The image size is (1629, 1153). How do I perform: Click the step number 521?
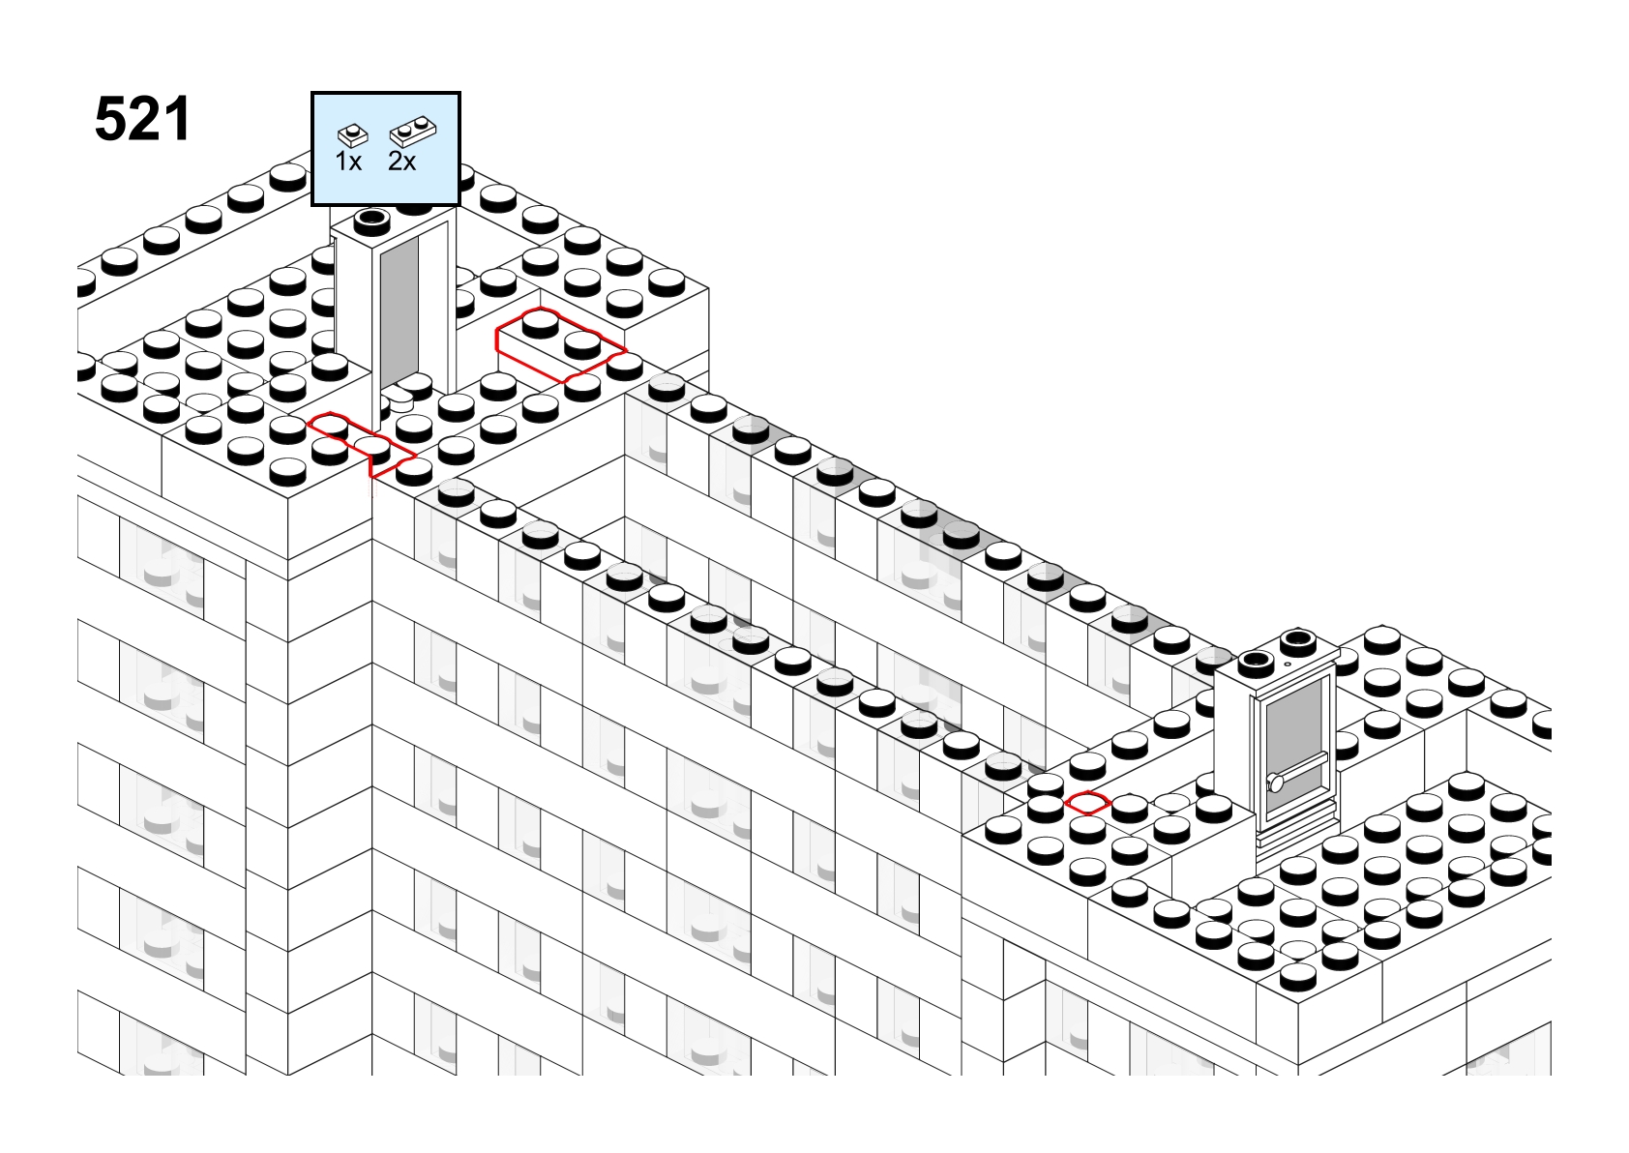[x=142, y=119]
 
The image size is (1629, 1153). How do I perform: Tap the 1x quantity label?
[x=348, y=162]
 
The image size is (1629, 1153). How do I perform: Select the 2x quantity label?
[x=401, y=162]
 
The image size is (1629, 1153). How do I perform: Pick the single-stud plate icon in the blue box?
[x=353, y=135]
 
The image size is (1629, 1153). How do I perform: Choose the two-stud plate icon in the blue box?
[x=413, y=132]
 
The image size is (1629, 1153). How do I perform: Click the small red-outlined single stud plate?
[x=1087, y=803]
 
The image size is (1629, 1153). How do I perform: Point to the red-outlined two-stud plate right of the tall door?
[x=560, y=344]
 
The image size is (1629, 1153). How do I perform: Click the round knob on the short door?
[x=1275, y=783]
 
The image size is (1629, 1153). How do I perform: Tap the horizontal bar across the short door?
[x=1298, y=771]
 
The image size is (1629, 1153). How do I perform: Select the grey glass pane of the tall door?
[x=400, y=311]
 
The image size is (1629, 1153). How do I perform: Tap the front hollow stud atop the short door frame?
[x=1256, y=661]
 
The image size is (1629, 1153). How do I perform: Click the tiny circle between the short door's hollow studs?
[x=1288, y=664]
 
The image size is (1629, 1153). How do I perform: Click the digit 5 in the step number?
[x=110, y=119]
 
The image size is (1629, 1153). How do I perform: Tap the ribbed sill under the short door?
[x=1298, y=836]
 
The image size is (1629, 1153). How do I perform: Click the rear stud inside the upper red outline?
[x=540, y=322]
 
